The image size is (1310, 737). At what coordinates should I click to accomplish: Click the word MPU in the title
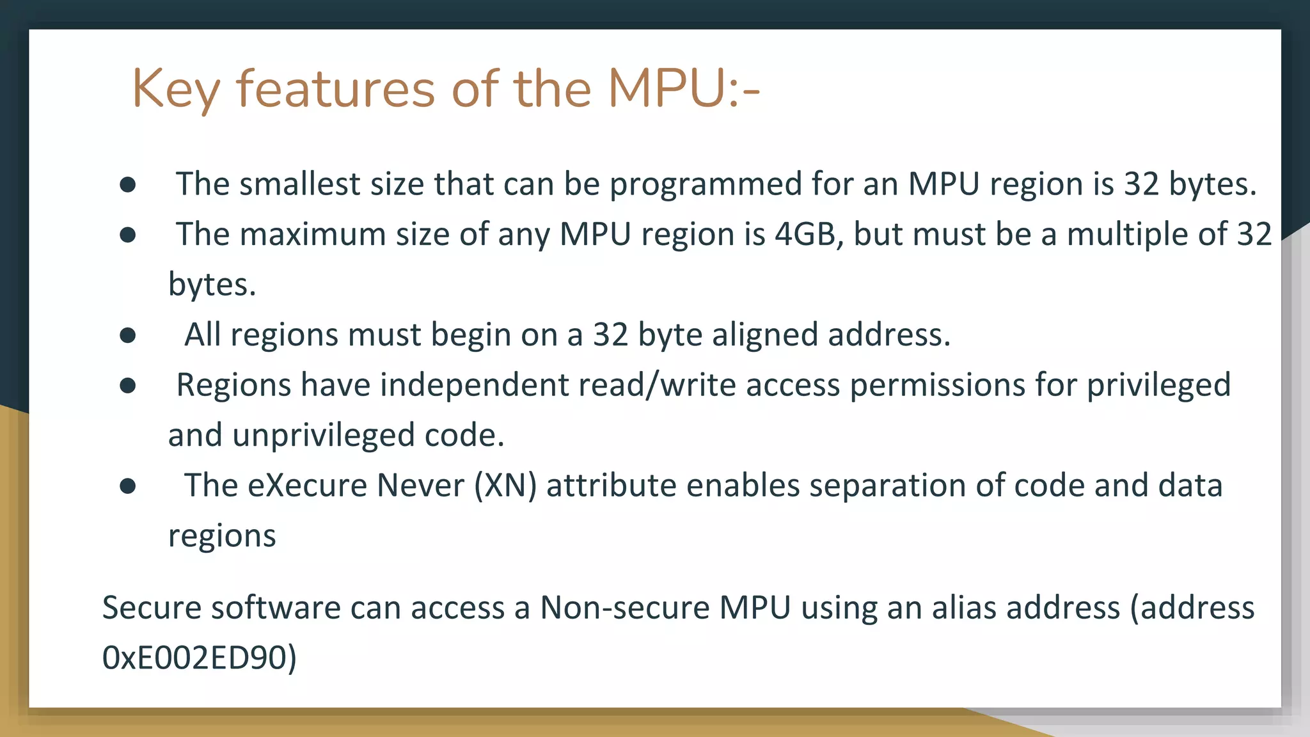tap(665, 88)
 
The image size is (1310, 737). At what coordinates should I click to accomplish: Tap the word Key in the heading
tap(176, 90)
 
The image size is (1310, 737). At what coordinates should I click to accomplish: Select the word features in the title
tap(336, 88)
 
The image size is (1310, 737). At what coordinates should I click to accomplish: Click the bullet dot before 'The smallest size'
tap(128, 185)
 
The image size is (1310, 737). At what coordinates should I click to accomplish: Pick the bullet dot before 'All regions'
tap(128, 335)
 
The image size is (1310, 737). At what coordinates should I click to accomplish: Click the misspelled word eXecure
tap(307, 486)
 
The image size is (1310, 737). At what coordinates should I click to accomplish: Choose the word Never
tap(420, 486)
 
